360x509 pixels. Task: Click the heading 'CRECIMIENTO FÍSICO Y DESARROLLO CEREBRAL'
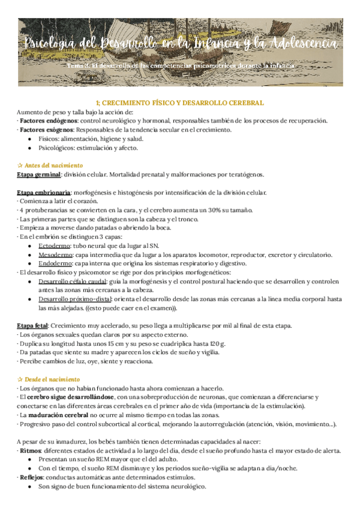coord(180,103)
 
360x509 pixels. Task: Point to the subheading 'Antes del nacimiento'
coord(53,165)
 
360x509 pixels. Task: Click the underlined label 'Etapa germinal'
coord(38,175)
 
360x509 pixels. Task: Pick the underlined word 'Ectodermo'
coord(52,246)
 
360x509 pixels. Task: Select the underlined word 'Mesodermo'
coord(53,255)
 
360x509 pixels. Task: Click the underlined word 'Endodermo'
coord(52,264)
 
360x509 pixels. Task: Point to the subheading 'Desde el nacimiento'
coord(52,379)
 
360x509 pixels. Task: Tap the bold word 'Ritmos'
coord(29,451)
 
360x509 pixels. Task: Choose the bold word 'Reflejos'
coord(31,477)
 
